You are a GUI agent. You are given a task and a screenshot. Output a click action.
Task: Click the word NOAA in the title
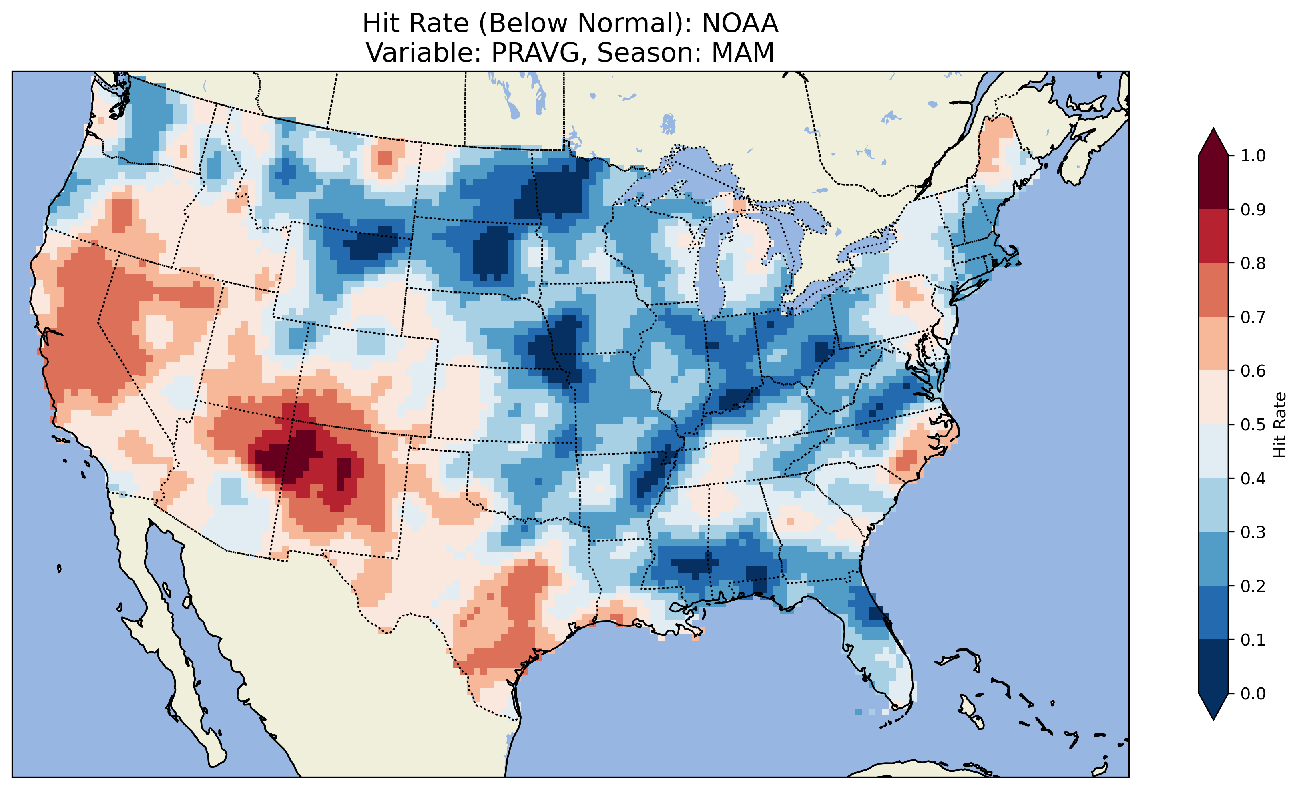740,23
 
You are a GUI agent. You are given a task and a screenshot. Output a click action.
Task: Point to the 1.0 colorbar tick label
1253,156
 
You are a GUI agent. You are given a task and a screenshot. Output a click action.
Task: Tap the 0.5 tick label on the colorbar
1253,425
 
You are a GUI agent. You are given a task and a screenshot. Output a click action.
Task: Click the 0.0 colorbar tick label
1253,693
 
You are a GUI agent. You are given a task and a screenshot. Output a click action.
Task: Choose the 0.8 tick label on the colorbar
1253,263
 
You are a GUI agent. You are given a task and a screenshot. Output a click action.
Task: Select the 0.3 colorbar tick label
1253,532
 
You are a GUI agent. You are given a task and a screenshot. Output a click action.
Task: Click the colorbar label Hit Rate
1279,425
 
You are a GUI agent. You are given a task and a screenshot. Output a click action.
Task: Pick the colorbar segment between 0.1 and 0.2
1213,612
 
